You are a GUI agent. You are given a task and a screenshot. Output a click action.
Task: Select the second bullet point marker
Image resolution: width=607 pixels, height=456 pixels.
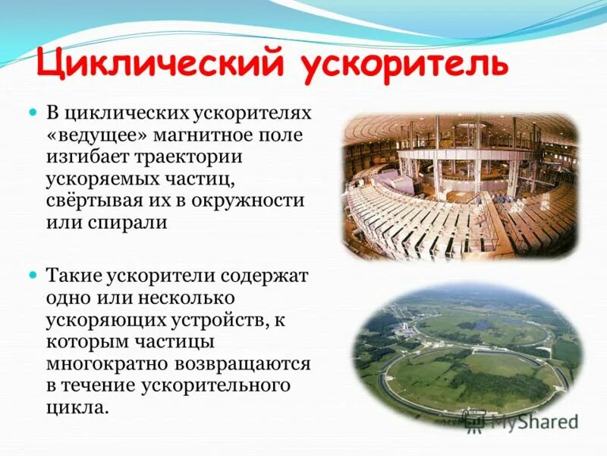(33, 271)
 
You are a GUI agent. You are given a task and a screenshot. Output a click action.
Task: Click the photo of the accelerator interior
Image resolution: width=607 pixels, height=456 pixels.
(460, 185)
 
